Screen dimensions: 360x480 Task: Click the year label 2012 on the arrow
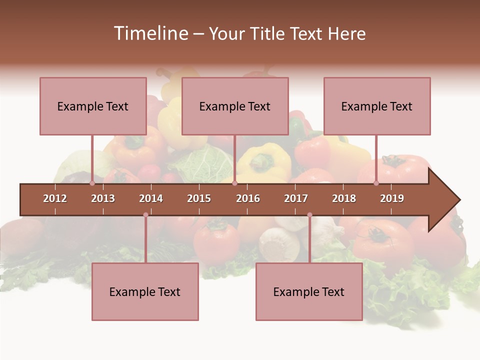55,198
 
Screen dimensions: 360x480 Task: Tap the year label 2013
103,198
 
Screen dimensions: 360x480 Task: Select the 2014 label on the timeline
151,198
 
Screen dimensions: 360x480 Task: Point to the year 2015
199,198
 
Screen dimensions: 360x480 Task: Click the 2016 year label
248,198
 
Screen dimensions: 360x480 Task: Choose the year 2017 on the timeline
296,198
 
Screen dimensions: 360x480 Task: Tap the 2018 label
344,198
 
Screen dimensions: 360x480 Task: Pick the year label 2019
392,198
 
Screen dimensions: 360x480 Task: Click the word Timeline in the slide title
150,33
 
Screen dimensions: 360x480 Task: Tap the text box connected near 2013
93,106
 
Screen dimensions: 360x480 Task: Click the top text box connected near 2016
235,106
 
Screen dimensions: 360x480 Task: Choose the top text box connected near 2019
377,106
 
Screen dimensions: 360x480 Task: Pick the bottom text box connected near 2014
145,291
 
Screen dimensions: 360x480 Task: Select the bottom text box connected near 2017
309,291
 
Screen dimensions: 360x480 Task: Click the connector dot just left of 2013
92,183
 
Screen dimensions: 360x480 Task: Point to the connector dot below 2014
145,215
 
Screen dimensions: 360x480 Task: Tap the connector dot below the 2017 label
309,215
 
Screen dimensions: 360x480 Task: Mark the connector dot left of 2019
376,183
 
